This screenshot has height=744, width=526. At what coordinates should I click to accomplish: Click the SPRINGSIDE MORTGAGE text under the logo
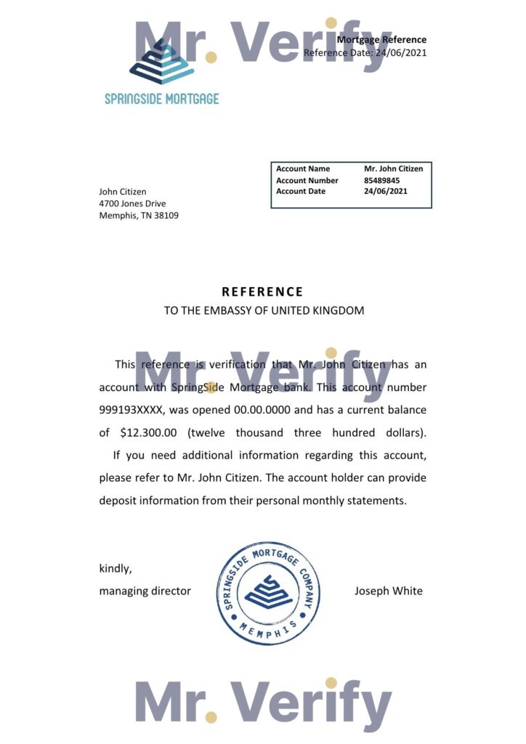coord(161,99)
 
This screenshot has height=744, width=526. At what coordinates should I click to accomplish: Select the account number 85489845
coord(382,180)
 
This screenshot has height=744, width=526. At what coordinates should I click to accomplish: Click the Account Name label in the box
coord(303,169)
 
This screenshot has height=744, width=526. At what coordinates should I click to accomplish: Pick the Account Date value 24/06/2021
coord(386,191)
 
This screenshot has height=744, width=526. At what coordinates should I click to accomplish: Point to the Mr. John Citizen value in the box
coord(393,169)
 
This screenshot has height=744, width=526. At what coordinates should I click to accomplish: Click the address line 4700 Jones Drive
coord(133,203)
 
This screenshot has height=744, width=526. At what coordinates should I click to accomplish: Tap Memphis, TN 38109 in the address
coord(139,215)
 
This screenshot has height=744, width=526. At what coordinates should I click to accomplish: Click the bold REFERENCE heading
coord(262,292)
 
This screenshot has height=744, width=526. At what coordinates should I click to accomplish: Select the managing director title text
coord(145,591)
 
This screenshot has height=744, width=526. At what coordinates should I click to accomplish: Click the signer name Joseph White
coord(388,591)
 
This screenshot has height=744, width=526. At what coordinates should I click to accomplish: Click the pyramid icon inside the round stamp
coord(268,591)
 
